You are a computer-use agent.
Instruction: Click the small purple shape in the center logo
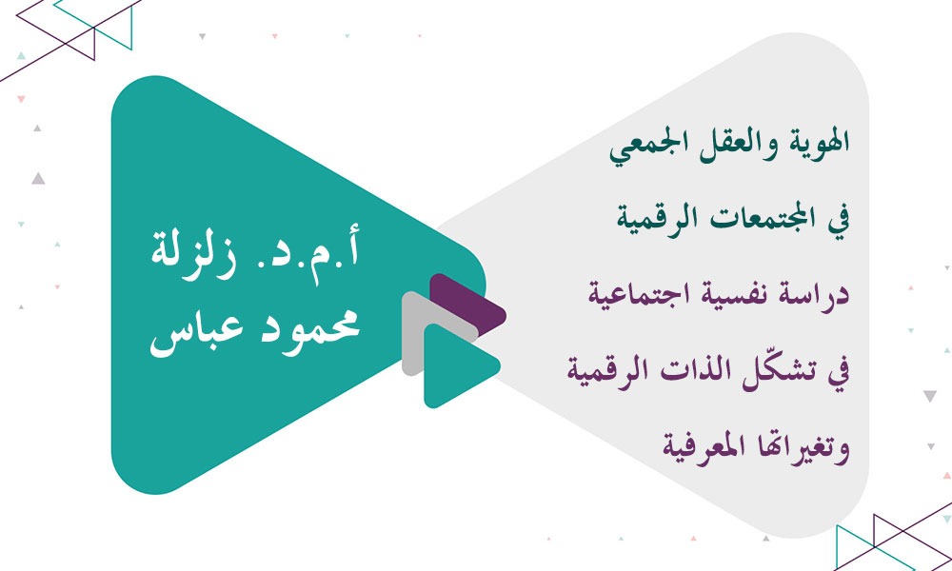466,303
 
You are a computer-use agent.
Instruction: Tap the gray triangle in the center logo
417,333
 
